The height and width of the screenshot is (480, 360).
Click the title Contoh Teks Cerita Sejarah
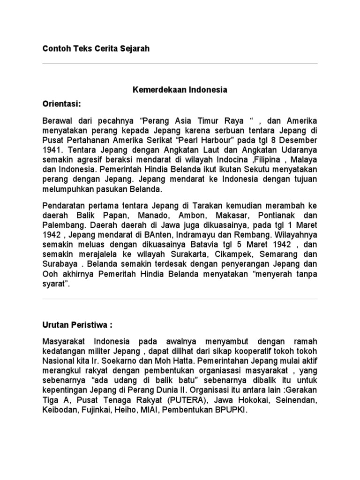[96, 49]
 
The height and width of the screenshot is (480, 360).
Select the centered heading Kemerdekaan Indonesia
[180, 90]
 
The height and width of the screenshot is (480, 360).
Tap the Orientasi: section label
[63, 103]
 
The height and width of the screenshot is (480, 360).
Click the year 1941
[52, 150]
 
